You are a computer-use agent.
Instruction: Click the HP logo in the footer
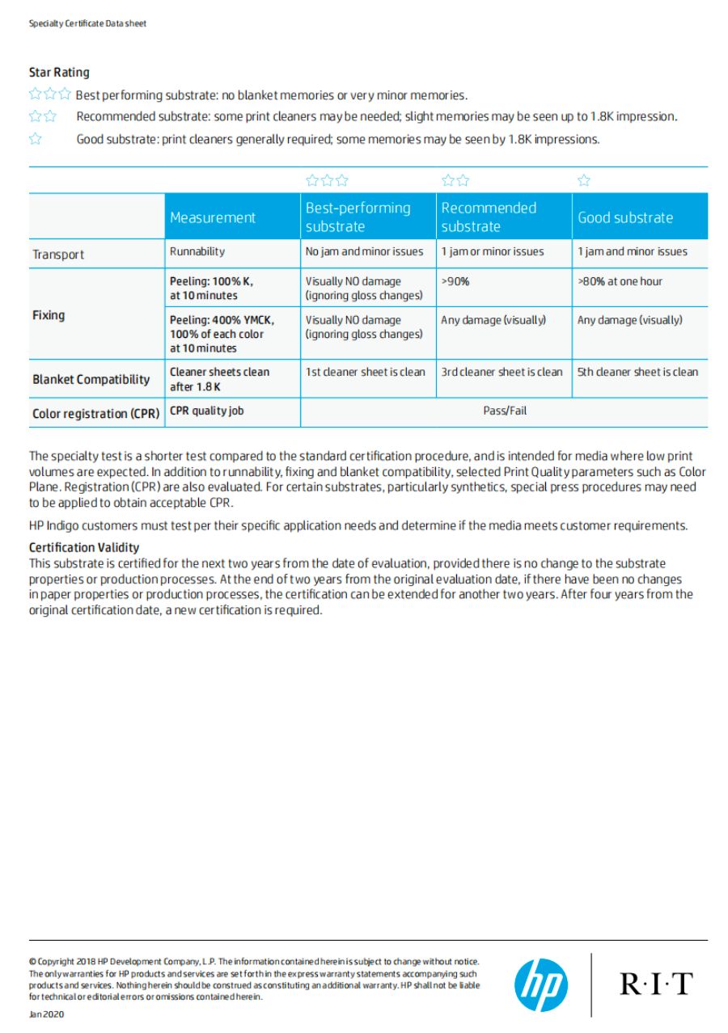[x=541, y=985]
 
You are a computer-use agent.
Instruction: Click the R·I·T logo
[x=656, y=984]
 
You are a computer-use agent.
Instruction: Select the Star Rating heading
[x=59, y=73]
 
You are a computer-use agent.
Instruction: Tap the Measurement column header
[x=213, y=217]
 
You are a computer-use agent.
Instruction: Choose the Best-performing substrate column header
[x=358, y=217]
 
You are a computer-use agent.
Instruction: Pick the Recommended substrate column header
[x=489, y=217]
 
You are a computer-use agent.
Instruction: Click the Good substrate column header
[x=625, y=217]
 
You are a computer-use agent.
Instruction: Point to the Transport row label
[x=58, y=255]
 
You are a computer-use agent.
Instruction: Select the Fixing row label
[x=49, y=315]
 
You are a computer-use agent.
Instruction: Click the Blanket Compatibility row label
[x=91, y=379]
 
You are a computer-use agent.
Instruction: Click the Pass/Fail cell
[x=505, y=411]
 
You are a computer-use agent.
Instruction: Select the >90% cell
[x=455, y=281]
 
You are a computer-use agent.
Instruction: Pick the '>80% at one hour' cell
[x=620, y=281]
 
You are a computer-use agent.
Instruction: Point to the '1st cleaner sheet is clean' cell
[x=365, y=372]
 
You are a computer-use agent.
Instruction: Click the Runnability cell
[x=197, y=251]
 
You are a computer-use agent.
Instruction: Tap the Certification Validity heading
[x=84, y=548]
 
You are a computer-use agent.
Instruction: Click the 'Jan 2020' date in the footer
[x=46, y=1014]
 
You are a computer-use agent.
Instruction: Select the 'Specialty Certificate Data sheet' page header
[x=87, y=23]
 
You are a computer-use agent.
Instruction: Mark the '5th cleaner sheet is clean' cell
[x=637, y=372]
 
